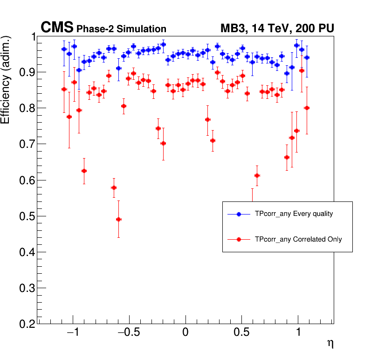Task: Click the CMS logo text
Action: click(x=57, y=28)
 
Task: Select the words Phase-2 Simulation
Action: click(x=121, y=29)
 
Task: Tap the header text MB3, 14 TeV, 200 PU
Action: click(x=277, y=29)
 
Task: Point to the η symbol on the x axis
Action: click(x=330, y=344)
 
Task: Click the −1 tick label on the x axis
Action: click(x=72, y=334)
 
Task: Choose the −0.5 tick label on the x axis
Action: click(x=128, y=334)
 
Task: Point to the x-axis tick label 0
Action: click(x=185, y=334)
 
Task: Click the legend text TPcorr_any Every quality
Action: click(x=294, y=214)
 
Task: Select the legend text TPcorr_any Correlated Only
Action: click(x=298, y=239)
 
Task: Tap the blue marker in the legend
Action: click(x=239, y=214)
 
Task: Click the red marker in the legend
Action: click(x=239, y=239)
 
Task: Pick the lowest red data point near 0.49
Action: click(x=118, y=219)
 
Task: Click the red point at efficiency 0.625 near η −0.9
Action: click(x=84, y=171)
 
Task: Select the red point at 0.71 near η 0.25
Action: click(x=213, y=140)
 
